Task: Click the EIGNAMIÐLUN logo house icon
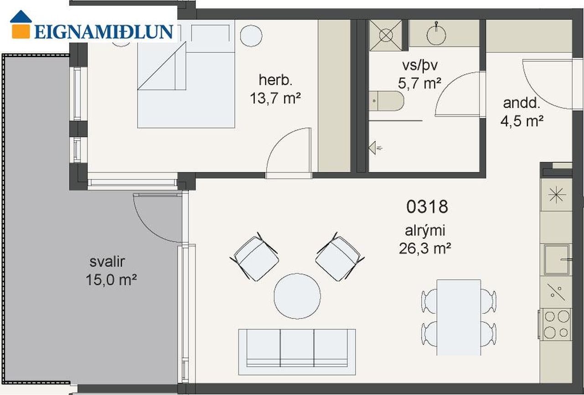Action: point(21,25)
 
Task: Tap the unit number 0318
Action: point(427,207)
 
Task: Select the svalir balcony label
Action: point(108,262)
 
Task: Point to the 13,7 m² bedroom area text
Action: point(275,98)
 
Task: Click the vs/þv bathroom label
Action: point(420,66)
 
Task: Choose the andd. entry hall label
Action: point(522,103)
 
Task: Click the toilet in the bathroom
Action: point(387,101)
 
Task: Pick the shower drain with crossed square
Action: point(386,35)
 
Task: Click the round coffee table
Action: point(297,296)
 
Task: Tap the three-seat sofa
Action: point(297,352)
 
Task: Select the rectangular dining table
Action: point(459,318)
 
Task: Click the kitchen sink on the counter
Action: point(557,260)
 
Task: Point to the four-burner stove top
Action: point(556,324)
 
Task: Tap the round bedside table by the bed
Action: point(251,36)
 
